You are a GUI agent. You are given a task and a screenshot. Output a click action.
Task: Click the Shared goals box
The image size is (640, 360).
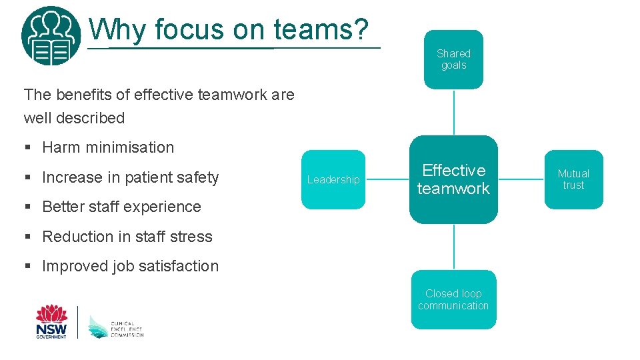point(453,59)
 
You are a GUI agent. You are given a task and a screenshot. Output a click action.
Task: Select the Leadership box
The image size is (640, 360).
point(333,179)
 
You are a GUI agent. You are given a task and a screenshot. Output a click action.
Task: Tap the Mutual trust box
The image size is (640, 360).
point(573,179)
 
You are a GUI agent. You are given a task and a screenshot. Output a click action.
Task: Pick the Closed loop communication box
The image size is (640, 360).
point(453,299)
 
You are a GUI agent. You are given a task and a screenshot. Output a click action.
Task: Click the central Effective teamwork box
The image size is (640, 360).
point(453,179)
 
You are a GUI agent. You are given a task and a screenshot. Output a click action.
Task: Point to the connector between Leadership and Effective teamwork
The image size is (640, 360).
point(387,179)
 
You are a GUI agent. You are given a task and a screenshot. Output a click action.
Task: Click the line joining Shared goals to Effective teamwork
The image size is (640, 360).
point(453,112)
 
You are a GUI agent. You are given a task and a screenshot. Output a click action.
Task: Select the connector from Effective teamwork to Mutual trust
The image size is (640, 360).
point(521,179)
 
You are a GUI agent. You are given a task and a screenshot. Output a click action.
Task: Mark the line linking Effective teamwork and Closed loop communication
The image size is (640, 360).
point(453,247)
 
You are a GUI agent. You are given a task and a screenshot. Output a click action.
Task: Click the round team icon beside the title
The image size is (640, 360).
point(51,35)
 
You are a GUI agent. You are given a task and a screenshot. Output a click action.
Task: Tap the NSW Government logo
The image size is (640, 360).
point(51,321)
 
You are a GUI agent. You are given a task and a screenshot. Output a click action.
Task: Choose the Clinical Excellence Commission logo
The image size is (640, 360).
point(115,326)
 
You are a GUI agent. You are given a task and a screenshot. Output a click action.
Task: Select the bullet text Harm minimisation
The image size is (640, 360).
point(108,147)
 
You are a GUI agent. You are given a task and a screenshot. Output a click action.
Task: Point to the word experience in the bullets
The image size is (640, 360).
point(162,207)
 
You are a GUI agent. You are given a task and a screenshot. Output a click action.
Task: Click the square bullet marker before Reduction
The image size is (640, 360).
point(27,237)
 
